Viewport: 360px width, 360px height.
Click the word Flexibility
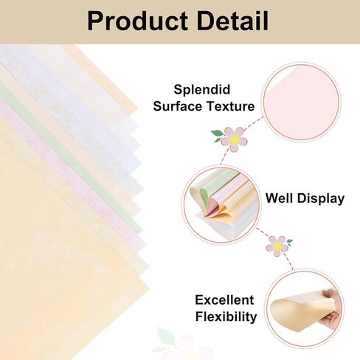click(226, 317)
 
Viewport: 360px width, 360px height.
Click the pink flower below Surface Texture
click(234, 138)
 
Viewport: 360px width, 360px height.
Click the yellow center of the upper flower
click(234, 138)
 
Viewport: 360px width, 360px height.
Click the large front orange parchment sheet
click(59, 280)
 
